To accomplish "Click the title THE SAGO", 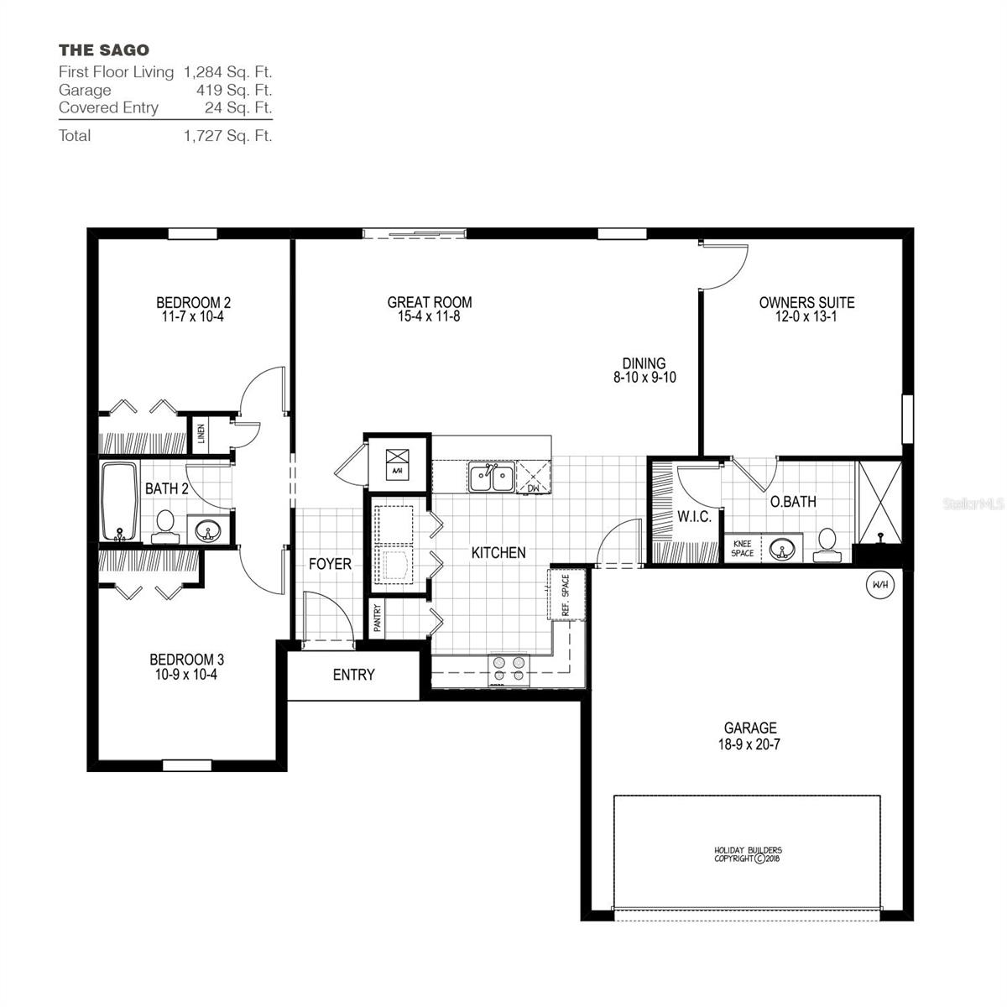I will tap(104, 50).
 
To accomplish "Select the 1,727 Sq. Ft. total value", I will tap(227, 135).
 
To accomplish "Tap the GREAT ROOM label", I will tap(429, 302).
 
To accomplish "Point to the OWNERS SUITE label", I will tap(806, 302).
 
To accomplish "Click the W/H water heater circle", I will tap(879, 584).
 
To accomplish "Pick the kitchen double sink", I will tap(492, 479).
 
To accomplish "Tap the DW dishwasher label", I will tap(533, 488).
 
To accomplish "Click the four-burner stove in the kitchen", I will tap(509, 668).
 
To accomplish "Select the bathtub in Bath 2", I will tap(119, 502).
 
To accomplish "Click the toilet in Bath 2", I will tap(164, 524).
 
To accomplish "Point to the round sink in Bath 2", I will tap(206, 531).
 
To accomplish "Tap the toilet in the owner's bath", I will tap(827, 544).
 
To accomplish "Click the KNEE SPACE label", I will tap(742, 548).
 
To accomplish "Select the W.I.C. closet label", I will tap(694, 517).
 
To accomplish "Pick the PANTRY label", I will tap(377, 618).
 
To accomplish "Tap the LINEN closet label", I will tap(201, 434).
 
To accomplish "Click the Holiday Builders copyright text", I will tap(747, 854).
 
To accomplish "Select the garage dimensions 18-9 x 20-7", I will tap(750, 744).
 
